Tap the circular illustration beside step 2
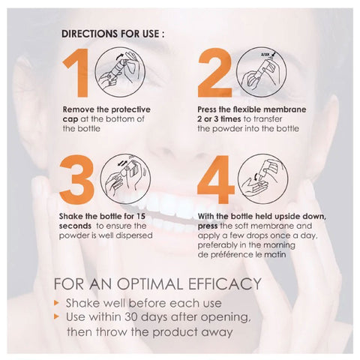260,72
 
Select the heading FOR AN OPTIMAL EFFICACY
157,283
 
